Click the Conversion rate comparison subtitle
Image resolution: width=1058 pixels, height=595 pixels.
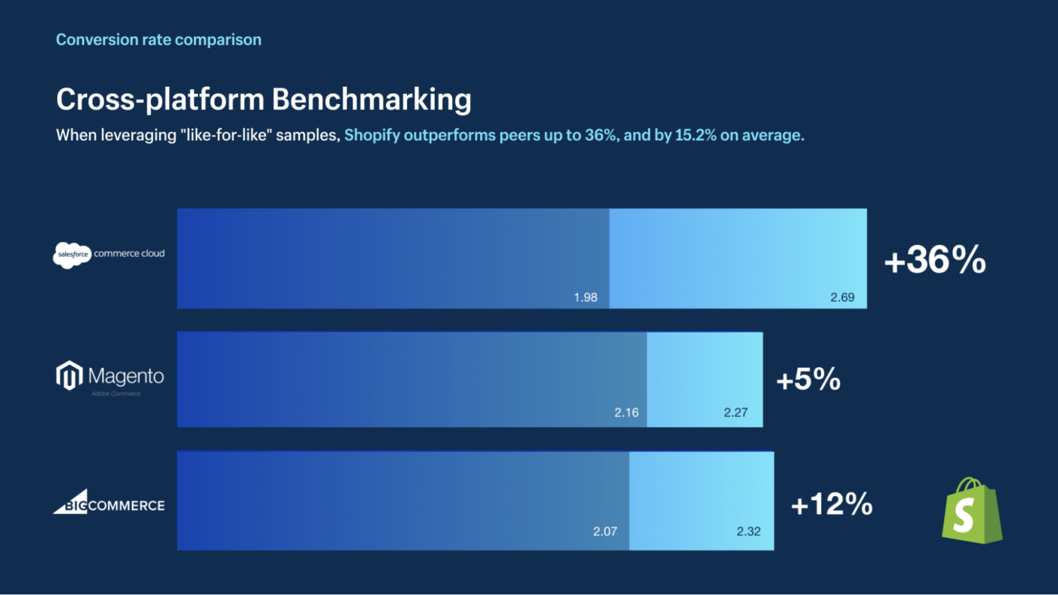coord(158,40)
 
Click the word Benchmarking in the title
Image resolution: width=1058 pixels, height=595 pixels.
coord(371,100)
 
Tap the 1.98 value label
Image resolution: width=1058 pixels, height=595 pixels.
coord(585,297)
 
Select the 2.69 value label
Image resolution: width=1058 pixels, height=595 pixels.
coord(842,297)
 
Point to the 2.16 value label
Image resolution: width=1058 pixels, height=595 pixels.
coord(626,413)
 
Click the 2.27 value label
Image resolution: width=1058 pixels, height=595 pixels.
coord(735,413)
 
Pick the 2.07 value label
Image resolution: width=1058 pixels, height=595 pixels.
coord(605,531)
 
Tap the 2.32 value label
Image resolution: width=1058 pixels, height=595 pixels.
coord(748,531)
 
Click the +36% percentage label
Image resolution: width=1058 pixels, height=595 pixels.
coord(935,260)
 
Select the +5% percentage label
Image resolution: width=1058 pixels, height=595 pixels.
coord(808,379)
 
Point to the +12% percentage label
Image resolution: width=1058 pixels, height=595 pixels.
coord(831,504)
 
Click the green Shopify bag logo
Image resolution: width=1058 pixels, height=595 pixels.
coord(971,511)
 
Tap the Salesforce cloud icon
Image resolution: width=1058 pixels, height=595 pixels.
coord(72,255)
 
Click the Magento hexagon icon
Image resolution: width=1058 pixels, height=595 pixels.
coord(69,375)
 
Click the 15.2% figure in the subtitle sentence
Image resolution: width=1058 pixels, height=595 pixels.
coord(695,136)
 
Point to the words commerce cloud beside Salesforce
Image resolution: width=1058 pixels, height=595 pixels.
coord(129,254)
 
